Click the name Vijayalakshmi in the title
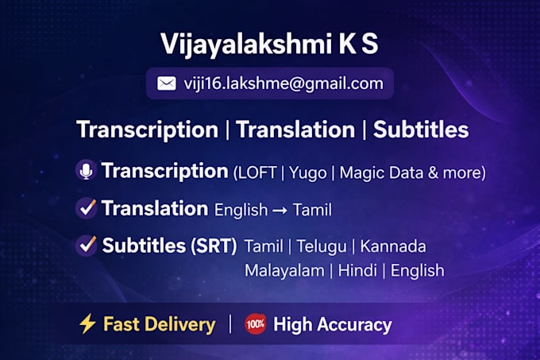(247, 45)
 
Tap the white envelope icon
(167, 83)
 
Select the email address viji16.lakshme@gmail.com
(283, 83)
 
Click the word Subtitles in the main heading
(421, 130)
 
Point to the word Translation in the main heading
(295, 130)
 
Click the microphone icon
(86, 170)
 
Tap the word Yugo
(308, 173)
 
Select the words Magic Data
(381, 172)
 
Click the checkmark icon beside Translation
(86, 208)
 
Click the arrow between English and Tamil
(280, 210)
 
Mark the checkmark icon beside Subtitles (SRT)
(86, 246)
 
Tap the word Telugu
(322, 246)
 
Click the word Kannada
(393, 246)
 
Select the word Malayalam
(284, 271)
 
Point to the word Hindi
(357, 270)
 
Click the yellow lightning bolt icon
(87, 323)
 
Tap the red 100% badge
(255, 324)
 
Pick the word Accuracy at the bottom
(354, 325)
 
